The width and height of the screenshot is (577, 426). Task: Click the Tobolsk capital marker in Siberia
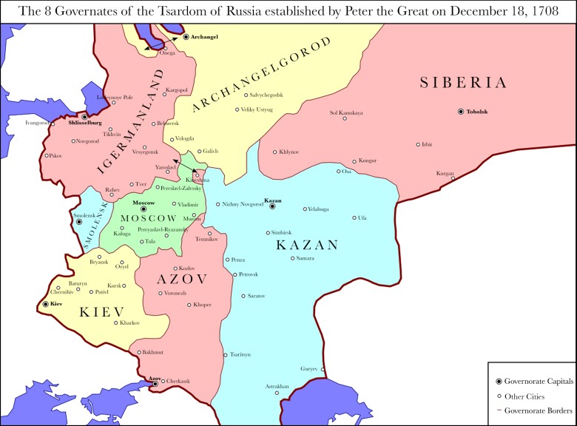pos(461,111)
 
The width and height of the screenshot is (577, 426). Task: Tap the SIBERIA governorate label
pos(463,83)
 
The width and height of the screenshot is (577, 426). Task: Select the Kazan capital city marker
pos(272,207)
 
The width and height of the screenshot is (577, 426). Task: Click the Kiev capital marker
pos(46,304)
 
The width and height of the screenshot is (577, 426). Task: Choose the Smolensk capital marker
pos(79,222)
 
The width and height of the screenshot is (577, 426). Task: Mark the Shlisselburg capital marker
pos(85,117)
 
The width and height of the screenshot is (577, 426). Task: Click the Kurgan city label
pos(445,172)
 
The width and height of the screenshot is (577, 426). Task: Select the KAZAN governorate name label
pos(307,245)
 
